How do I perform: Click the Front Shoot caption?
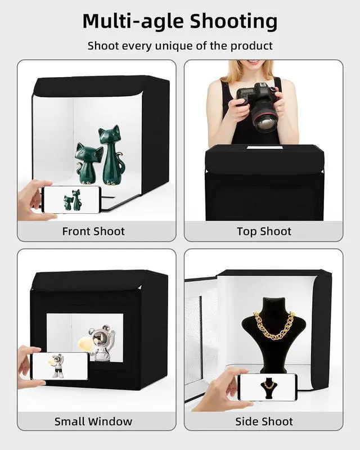click(x=93, y=231)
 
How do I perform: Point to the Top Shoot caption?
click(x=264, y=231)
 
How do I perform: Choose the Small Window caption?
click(x=93, y=421)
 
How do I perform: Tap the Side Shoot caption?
click(x=264, y=421)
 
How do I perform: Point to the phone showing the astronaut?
click(x=59, y=366)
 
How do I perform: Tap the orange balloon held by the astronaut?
click(x=84, y=340)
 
